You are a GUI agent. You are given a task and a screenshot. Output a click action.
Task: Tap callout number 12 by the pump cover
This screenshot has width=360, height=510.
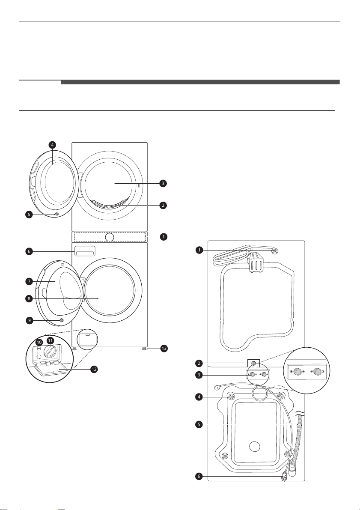[x=94, y=370]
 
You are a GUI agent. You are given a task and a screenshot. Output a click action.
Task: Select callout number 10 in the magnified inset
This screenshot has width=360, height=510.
[x=39, y=343]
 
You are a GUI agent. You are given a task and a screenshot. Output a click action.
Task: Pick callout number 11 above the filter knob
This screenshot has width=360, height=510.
[x=50, y=340]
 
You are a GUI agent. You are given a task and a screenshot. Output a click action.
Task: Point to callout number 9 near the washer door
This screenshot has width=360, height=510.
[x=29, y=320]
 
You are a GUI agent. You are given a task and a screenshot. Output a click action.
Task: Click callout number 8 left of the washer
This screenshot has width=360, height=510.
[x=29, y=298]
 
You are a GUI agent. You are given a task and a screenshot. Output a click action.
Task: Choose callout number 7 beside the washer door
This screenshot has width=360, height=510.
[x=29, y=281]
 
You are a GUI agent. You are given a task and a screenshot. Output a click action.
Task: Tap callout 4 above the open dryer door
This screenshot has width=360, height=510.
[x=52, y=145]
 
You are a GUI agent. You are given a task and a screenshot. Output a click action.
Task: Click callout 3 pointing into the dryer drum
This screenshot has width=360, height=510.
[x=163, y=183]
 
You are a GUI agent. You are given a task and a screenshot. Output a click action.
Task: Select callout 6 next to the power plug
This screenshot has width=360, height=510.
[x=199, y=477]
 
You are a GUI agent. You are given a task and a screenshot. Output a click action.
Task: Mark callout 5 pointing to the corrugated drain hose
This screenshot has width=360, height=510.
[x=199, y=424]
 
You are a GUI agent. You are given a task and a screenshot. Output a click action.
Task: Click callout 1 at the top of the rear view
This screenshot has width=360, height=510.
[x=199, y=250]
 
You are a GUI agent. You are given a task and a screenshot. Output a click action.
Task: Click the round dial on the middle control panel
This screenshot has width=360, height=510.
[x=110, y=237]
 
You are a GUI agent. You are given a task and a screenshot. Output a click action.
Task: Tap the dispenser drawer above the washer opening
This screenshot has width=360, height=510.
[x=85, y=251]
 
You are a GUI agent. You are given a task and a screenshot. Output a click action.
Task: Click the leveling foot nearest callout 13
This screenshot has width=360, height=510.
[x=144, y=349]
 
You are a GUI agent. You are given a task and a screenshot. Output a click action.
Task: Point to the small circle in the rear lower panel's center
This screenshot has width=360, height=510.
[x=255, y=446]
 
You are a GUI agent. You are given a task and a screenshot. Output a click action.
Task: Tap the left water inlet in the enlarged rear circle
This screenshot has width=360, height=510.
[x=297, y=371]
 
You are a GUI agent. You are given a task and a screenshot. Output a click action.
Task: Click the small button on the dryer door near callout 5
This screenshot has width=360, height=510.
[x=57, y=215]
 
